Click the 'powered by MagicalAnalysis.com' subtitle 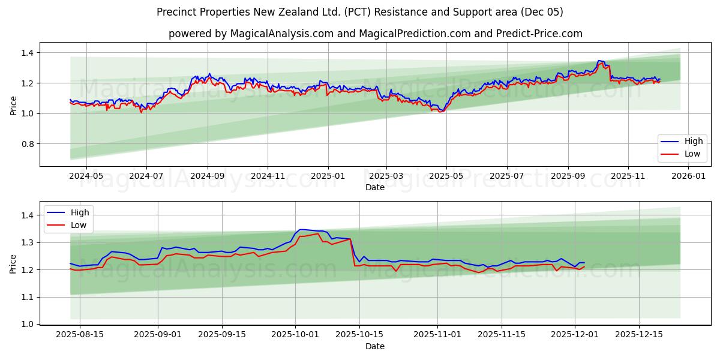click(375, 34)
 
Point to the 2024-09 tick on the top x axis click(208, 176)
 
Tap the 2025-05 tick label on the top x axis click(446, 176)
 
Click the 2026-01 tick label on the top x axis click(688, 176)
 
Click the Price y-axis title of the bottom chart click(13, 263)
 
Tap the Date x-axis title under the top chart click(375, 187)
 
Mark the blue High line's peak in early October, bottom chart click(301, 229)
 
